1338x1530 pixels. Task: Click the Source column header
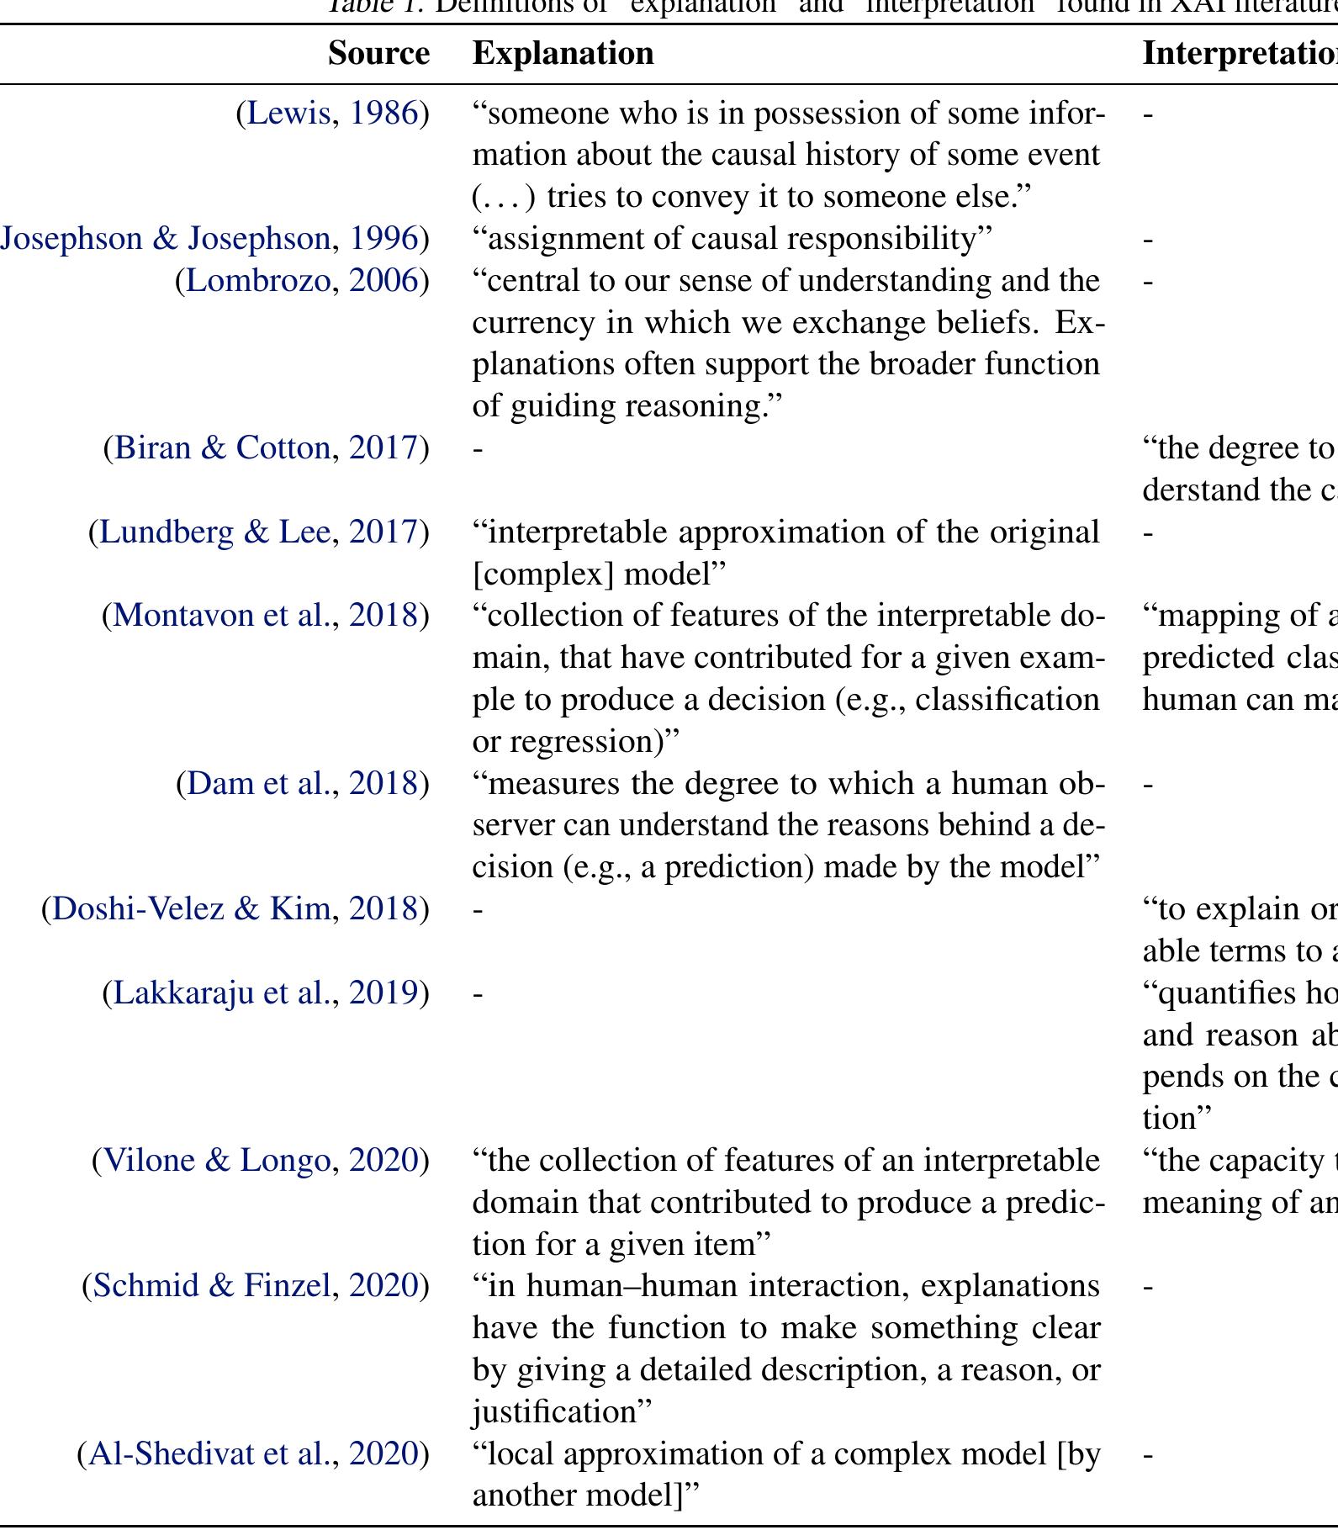point(378,53)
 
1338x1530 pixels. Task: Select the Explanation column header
point(563,53)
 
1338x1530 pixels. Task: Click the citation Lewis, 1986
point(332,113)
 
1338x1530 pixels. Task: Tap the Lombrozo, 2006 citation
point(302,280)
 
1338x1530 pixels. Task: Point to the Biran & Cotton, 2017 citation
point(266,447)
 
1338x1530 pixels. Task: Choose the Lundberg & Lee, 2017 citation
point(259,532)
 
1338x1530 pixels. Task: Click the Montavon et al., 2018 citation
point(266,615)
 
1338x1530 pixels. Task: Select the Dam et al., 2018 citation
point(303,783)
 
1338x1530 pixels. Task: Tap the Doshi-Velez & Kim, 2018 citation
point(235,908)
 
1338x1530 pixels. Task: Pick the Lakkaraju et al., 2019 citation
point(266,993)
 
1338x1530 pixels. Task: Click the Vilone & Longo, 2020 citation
point(261,1160)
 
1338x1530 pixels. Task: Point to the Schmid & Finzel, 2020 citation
point(256,1285)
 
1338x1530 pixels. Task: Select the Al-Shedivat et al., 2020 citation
point(253,1453)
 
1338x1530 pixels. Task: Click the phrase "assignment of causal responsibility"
point(732,239)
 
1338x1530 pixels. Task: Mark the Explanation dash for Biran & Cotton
point(478,449)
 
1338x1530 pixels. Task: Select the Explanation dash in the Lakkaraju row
point(478,994)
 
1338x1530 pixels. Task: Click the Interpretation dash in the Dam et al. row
point(1148,785)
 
